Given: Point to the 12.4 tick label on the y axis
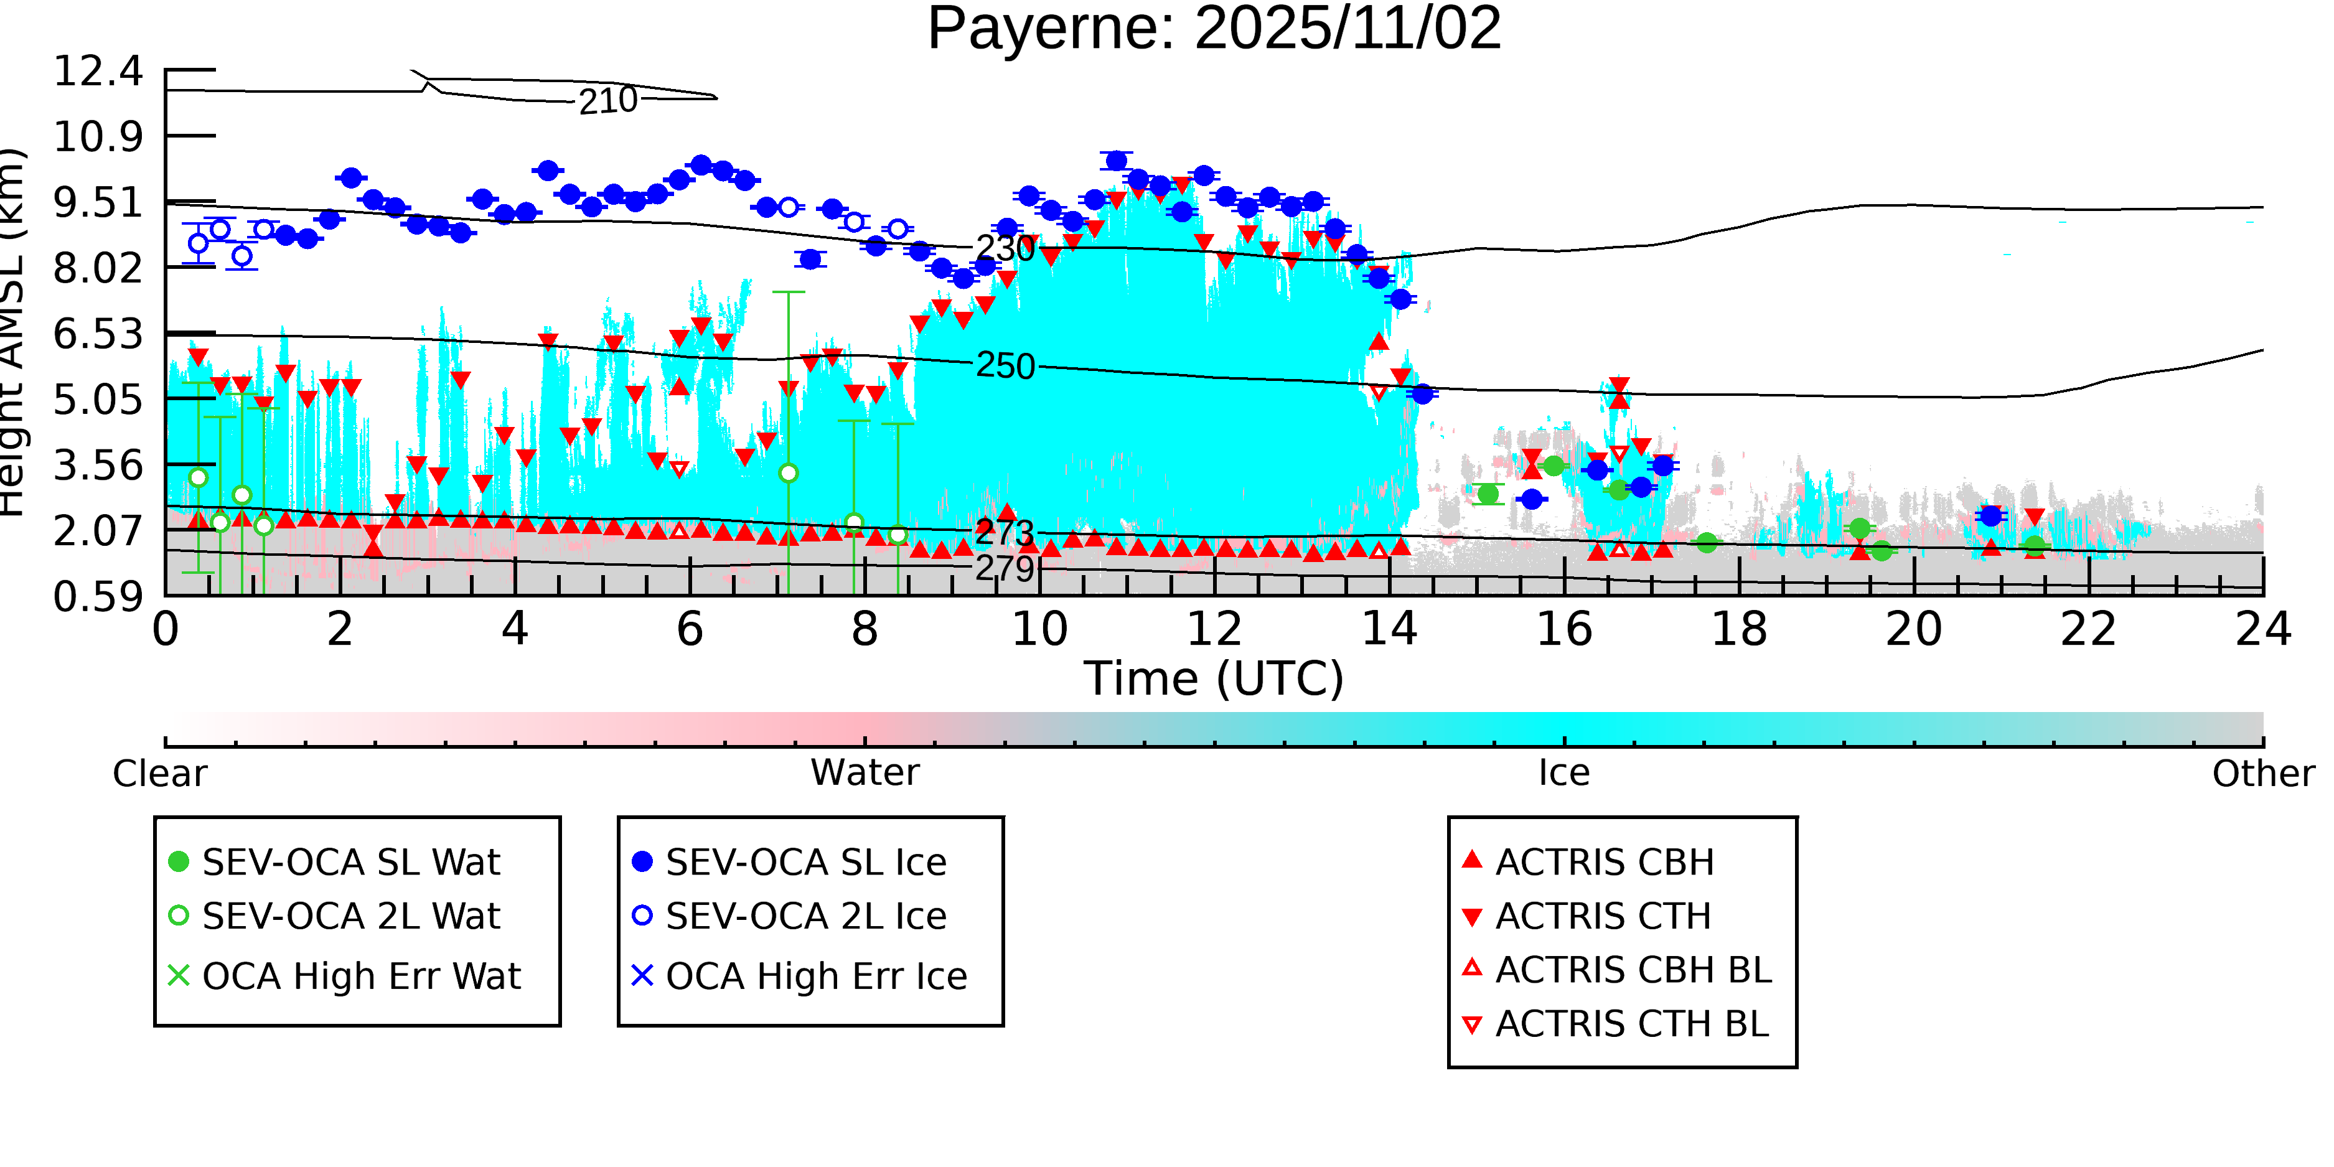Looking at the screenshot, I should pos(98,71).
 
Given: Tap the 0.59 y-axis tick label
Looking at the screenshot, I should pos(98,597).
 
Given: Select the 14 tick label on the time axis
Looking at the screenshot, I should pos(1389,629).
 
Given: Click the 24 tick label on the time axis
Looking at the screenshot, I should pos(2262,629).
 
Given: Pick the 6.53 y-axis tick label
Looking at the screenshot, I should pos(98,334).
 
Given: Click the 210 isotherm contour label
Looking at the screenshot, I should pos(608,101).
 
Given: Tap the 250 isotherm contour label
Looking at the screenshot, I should pos(1005,366).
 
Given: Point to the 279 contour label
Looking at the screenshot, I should pos(1005,569).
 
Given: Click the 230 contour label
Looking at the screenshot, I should pos(1005,248).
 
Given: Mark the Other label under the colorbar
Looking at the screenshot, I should pos(2262,774).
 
